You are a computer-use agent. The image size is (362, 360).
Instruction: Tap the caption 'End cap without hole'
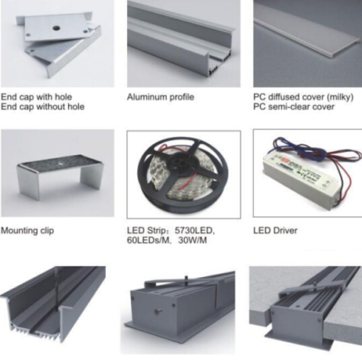click(x=42, y=107)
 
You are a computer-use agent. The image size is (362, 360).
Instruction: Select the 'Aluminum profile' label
click(x=161, y=97)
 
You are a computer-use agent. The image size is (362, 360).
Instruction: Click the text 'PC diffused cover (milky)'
click(x=303, y=97)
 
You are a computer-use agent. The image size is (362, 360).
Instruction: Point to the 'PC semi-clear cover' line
click(x=294, y=107)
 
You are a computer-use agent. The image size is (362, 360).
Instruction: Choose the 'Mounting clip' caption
click(x=27, y=231)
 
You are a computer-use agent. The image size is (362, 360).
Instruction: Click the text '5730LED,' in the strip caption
click(x=195, y=230)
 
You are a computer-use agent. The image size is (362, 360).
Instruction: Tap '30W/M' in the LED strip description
click(x=192, y=241)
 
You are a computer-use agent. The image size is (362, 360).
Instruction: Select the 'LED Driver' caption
click(x=276, y=230)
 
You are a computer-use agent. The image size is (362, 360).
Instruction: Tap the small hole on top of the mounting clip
click(x=60, y=163)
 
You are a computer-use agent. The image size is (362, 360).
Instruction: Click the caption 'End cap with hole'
click(x=36, y=97)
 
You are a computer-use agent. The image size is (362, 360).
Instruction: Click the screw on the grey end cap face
click(x=158, y=312)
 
